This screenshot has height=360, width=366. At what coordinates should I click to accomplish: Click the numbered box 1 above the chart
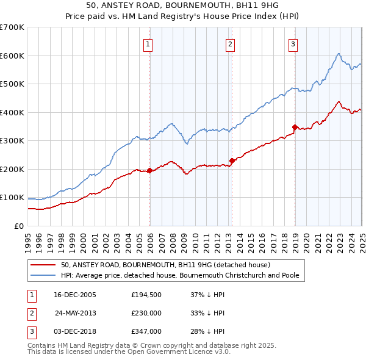[x=149, y=43]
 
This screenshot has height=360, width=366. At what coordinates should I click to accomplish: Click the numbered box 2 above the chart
[x=230, y=43]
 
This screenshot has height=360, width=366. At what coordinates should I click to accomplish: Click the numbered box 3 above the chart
[x=293, y=43]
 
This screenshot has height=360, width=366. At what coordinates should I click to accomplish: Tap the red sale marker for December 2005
[x=150, y=171]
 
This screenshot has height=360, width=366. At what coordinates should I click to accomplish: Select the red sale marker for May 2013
[x=232, y=160]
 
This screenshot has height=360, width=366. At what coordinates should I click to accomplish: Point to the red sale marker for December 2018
[x=295, y=128]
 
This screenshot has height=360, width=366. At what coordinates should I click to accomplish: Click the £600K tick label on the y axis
[x=12, y=56]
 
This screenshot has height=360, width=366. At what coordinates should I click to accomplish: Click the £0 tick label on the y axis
[x=20, y=226]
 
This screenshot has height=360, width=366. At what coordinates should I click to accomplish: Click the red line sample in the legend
[x=44, y=265]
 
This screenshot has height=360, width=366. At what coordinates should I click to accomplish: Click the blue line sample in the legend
[x=44, y=275]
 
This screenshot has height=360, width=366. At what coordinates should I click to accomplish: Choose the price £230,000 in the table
[x=146, y=313]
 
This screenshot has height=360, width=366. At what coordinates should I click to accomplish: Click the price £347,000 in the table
[x=146, y=331]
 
